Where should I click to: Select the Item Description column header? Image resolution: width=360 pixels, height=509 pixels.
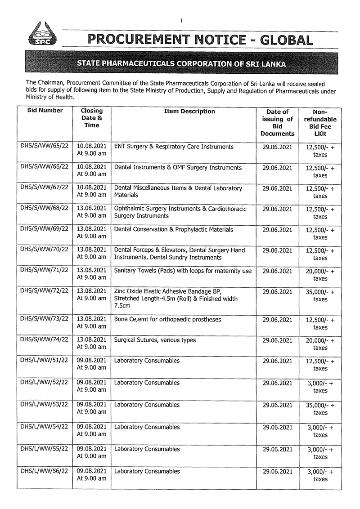click(183, 112)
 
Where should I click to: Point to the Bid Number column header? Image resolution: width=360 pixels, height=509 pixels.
click(45, 111)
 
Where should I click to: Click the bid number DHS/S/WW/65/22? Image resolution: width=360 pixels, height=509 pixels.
click(45, 147)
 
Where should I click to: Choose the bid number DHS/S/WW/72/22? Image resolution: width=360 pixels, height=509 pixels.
click(45, 292)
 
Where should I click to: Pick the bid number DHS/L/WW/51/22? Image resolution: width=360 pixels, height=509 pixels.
click(45, 361)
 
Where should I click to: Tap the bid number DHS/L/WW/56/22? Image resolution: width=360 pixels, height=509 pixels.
click(45, 472)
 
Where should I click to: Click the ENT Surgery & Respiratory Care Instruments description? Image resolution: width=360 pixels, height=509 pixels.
click(174, 147)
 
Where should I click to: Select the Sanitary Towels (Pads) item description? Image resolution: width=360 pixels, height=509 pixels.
click(183, 271)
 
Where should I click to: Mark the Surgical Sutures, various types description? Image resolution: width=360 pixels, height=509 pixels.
click(155, 340)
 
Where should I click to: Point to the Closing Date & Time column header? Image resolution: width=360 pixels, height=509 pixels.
click(92, 118)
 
